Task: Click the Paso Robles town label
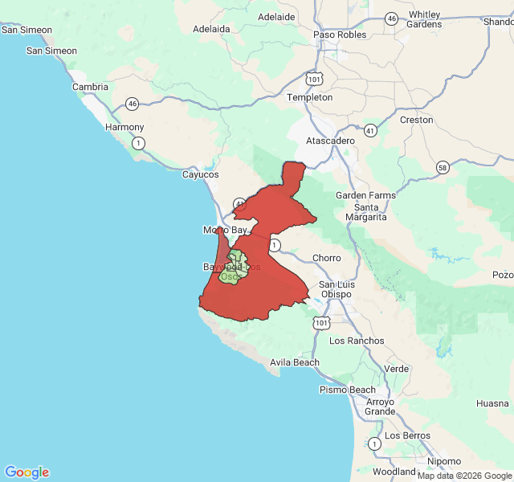pyautogui.click(x=340, y=35)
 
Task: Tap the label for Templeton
pyautogui.click(x=310, y=97)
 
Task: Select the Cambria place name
pyautogui.click(x=90, y=87)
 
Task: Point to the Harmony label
pyautogui.click(x=125, y=127)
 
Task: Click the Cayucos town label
pyautogui.click(x=200, y=174)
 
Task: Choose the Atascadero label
pyautogui.click(x=330, y=141)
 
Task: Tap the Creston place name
pyautogui.click(x=416, y=120)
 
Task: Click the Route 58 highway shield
pyautogui.click(x=443, y=167)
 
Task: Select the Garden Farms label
pyautogui.click(x=365, y=195)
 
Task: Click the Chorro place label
pyautogui.click(x=326, y=258)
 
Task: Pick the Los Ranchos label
pyautogui.click(x=357, y=341)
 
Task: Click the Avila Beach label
pyautogui.click(x=295, y=362)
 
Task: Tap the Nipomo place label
pyautogui.click(x=444, y=461)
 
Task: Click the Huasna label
pyautogui.click(x=492, y=403)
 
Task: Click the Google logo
pyautogui.click(x=27, y=472)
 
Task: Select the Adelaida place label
pyautogui.click(x=212, y=29)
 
